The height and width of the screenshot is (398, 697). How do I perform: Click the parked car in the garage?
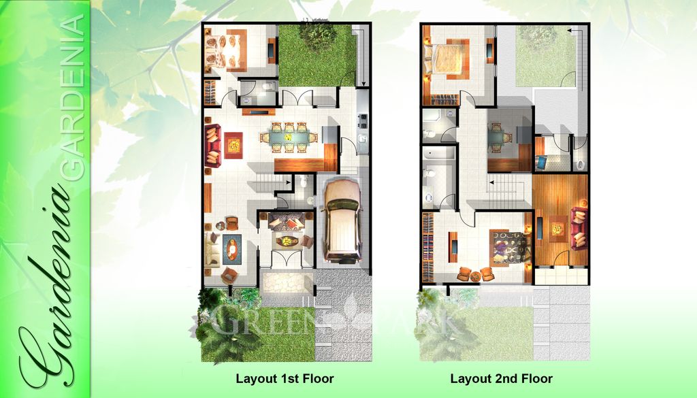(x=342, y=220)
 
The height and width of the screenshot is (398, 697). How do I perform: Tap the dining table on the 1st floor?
(x=289, y=136)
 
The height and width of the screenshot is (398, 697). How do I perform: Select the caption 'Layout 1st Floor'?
(x=285, y=378)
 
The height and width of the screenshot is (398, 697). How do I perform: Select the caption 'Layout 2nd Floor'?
(x=501, y=378)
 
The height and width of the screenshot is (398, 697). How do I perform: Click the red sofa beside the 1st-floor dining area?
(x=212, y=146)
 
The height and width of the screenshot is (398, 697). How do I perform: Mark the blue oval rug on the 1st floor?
(x=232, y=248)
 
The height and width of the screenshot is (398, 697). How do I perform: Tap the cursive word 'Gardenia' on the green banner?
(x=48, y=293)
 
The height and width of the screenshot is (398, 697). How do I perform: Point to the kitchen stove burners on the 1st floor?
(x=363, y=120)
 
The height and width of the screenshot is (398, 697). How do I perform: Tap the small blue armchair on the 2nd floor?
(x=541, y=163)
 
